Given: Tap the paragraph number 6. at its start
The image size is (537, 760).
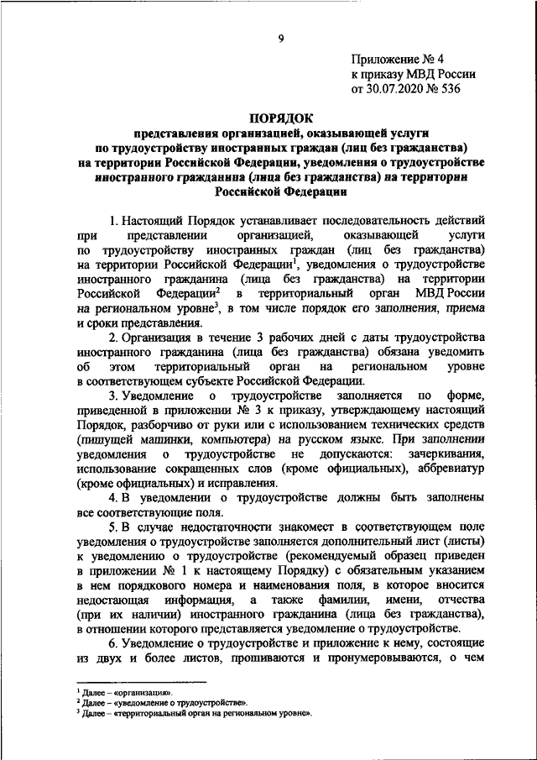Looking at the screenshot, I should (x=115, y=644).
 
